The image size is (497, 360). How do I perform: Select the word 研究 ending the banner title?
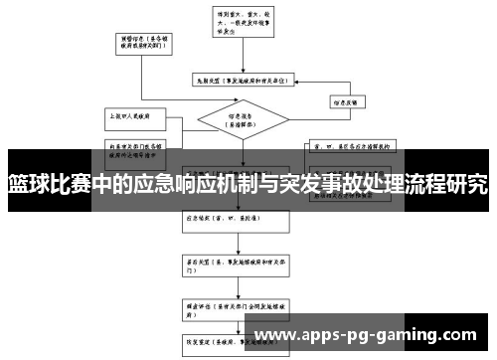point(468,184)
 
